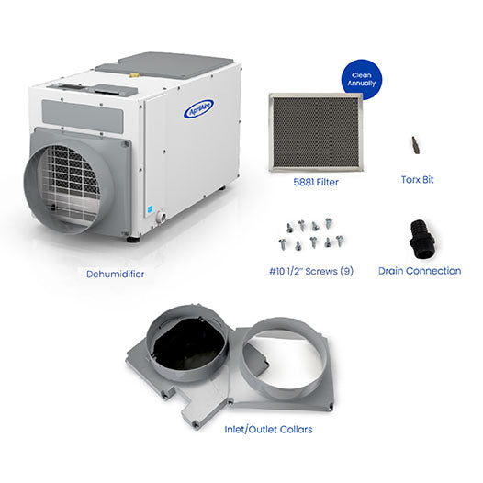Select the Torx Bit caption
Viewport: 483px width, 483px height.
click(418, 180)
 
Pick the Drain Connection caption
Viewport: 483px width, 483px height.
click(420, 271)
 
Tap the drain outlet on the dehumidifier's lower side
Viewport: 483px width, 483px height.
click(162, 217)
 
